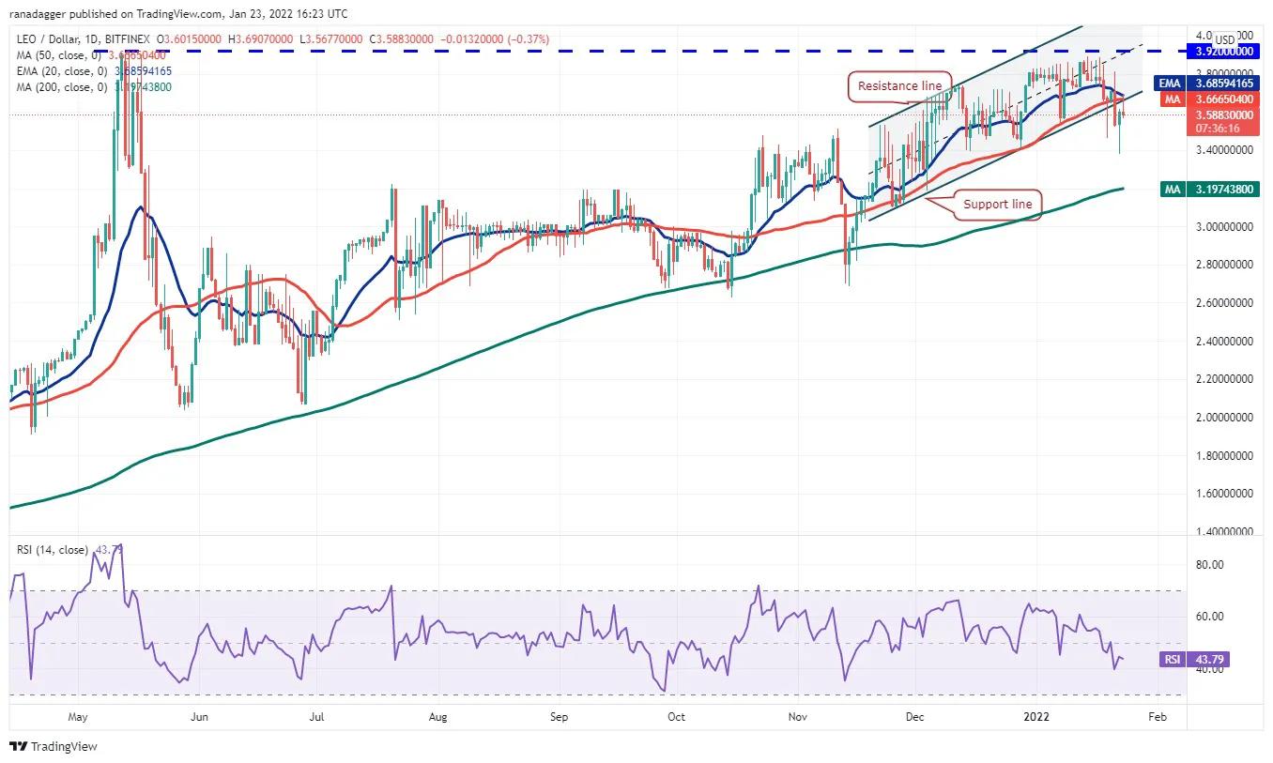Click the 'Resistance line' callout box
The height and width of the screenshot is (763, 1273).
pos(899,86)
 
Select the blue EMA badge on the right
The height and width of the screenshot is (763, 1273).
pos(1172,84)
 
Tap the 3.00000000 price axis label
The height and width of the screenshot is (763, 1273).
pos(1223,226)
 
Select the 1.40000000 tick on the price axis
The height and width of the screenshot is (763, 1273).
pos(1223,531)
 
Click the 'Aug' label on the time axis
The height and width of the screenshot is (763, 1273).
pos(437,717)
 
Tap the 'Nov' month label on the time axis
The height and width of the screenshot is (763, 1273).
pos(798,717)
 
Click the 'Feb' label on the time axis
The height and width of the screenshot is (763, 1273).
pos(1158,717)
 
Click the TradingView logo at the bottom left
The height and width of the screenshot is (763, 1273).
pos(54,747)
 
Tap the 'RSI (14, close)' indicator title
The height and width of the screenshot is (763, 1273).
pos(54,549)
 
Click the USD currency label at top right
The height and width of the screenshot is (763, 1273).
pos(1224,39)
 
